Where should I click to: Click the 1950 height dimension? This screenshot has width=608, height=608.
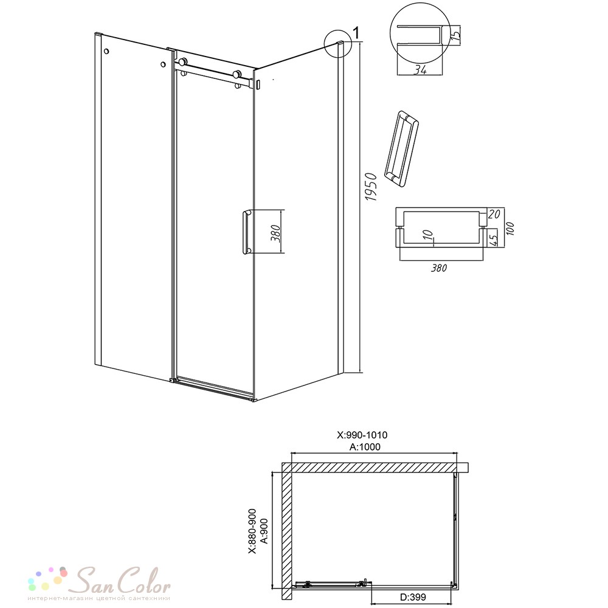[371, 187]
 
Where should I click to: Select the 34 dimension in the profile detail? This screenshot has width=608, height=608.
[420, 70]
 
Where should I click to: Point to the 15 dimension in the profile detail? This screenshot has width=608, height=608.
[456, 33]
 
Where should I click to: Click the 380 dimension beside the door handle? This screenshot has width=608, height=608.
[275, 233]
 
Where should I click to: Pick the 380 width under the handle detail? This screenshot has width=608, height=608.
[438, 268]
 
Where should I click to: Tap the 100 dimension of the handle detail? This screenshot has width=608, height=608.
[510, 229]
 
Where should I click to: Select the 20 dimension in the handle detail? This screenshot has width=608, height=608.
[494, 214]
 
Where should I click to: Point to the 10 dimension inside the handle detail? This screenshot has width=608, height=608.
[427, 235]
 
